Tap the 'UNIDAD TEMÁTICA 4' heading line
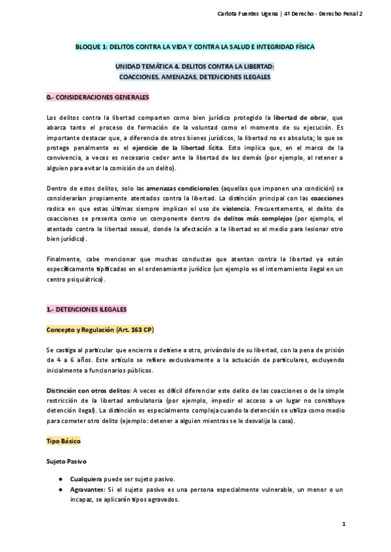pos(195,66)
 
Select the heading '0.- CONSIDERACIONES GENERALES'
pos(98,97)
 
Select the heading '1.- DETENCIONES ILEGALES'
pos(87,309)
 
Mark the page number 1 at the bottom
pos(343,523)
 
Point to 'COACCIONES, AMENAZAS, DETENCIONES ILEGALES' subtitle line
pos(195,77)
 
